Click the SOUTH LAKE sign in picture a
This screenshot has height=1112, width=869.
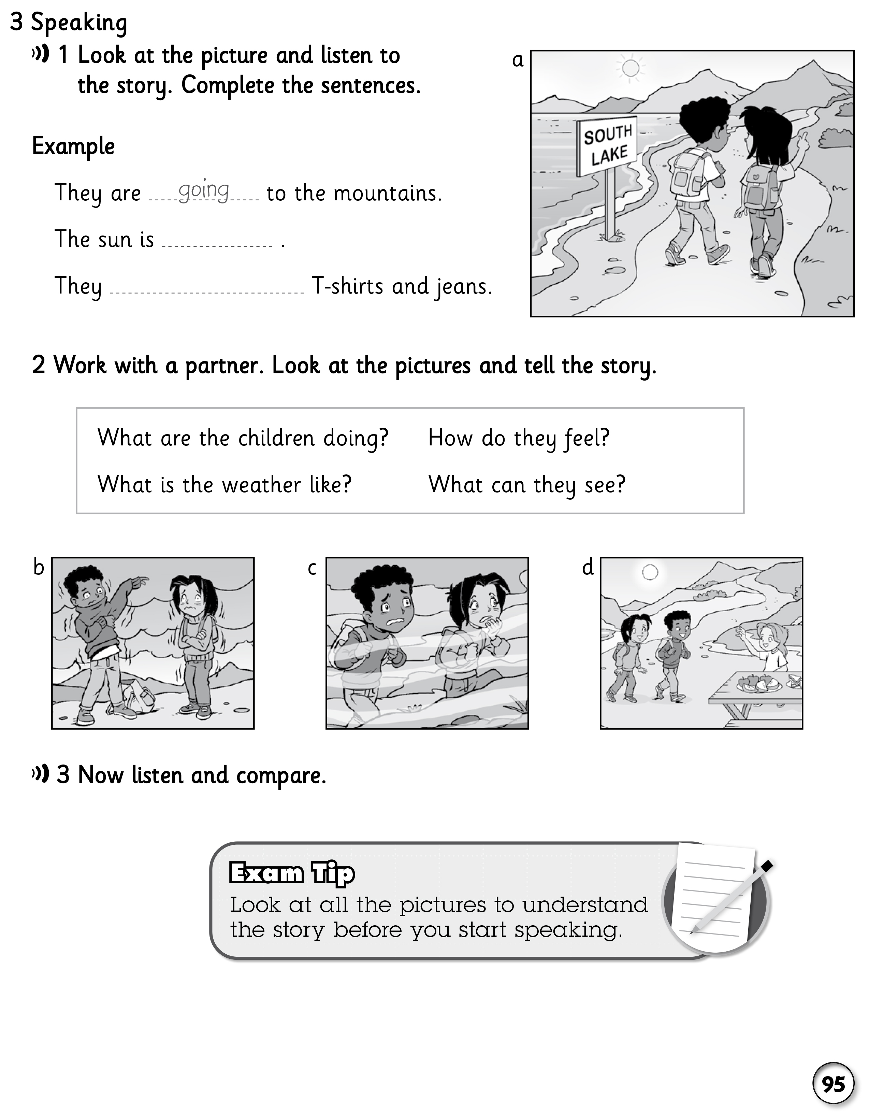(607, 146)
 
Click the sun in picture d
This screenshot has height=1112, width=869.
(650, 572)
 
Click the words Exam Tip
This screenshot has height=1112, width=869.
(292, 873)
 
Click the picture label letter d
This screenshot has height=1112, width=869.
(588, 567)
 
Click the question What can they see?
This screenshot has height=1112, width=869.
(527, 484)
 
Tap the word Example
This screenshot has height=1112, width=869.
(73, 146)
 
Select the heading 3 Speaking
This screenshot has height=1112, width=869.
(69, 23)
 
